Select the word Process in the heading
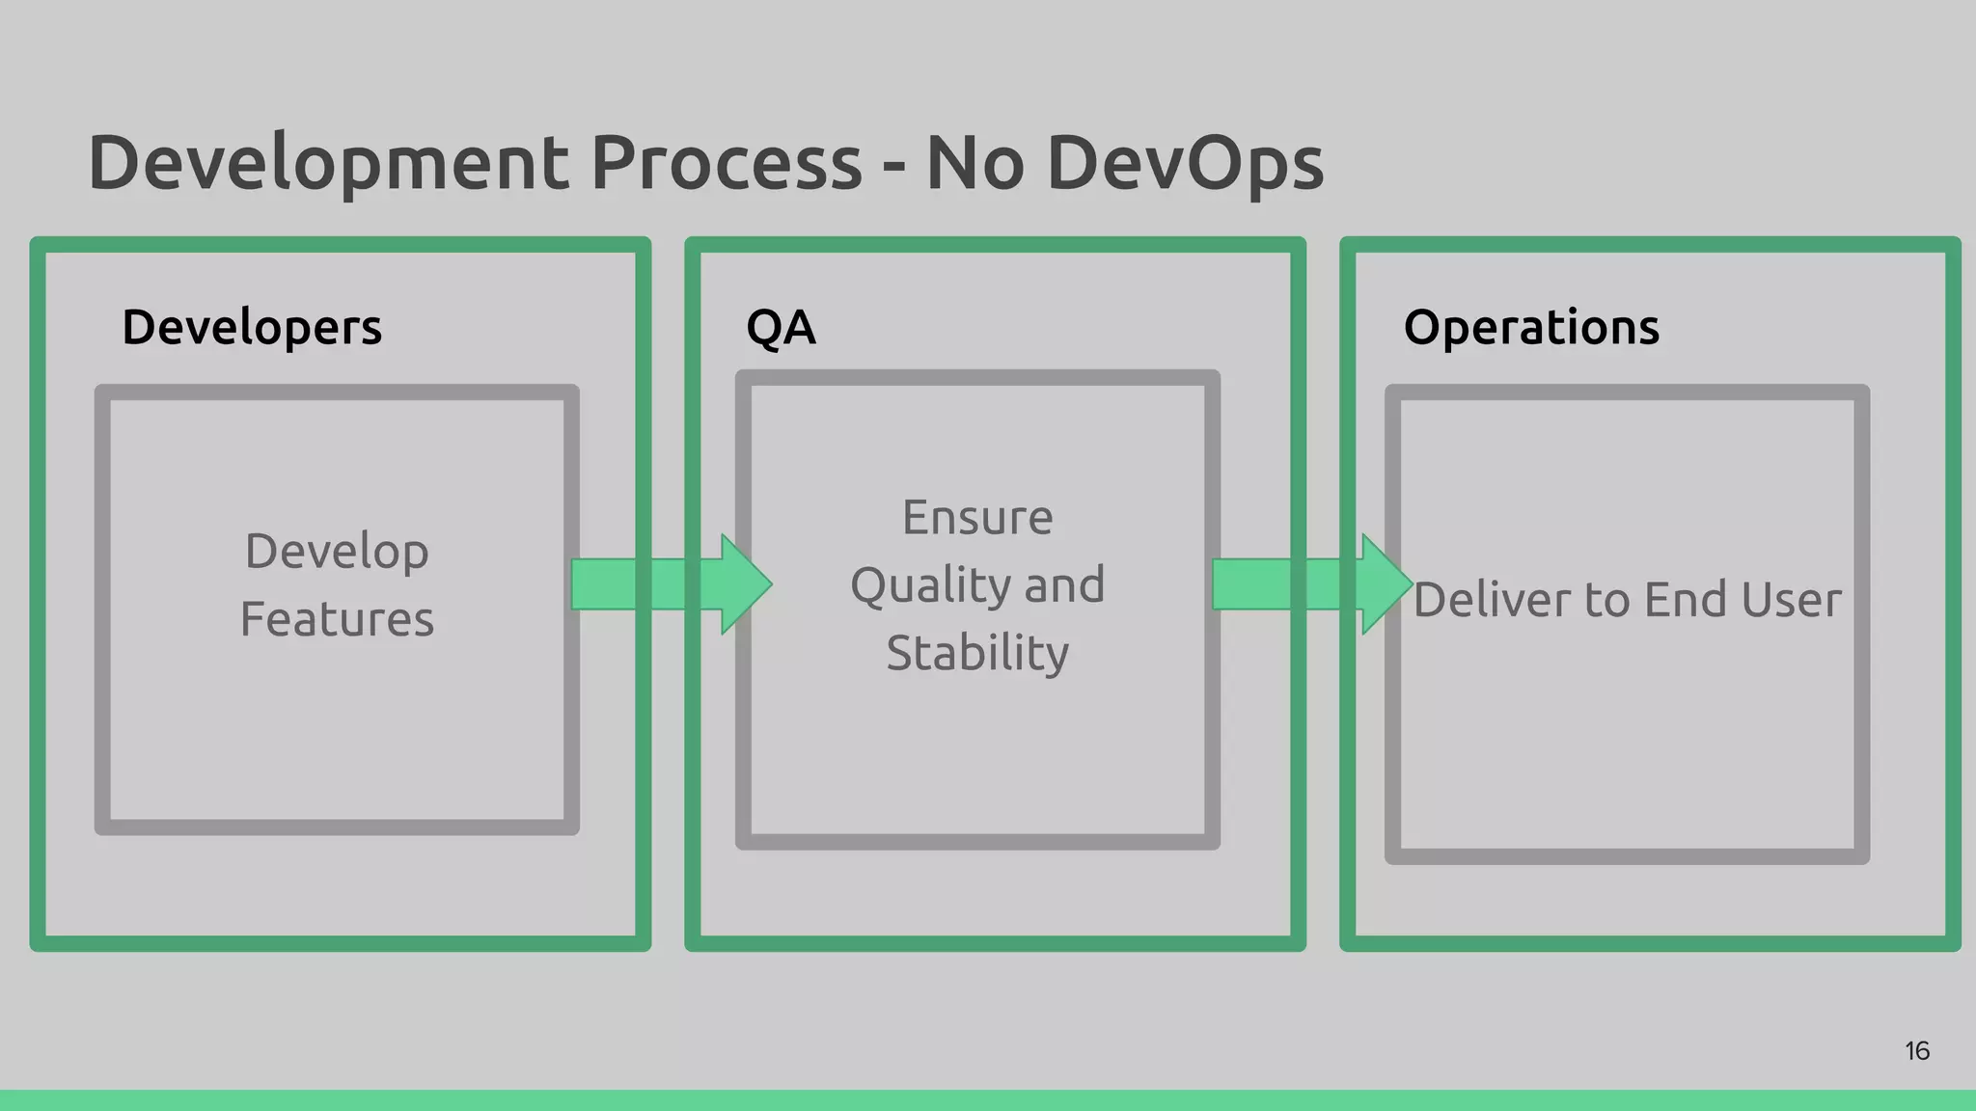(726, 162)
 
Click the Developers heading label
(252, 328)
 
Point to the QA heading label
(781, 328)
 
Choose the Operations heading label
(1531, 328)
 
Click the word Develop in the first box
(337, 553)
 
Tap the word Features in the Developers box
(337, 619)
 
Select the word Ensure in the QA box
(977, 518)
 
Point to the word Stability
(977, 654)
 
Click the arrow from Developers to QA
(672, 584)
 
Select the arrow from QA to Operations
(1312, 584)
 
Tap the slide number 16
(1916, 1051)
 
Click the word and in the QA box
(1064, 586)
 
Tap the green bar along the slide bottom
(988, 1100)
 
